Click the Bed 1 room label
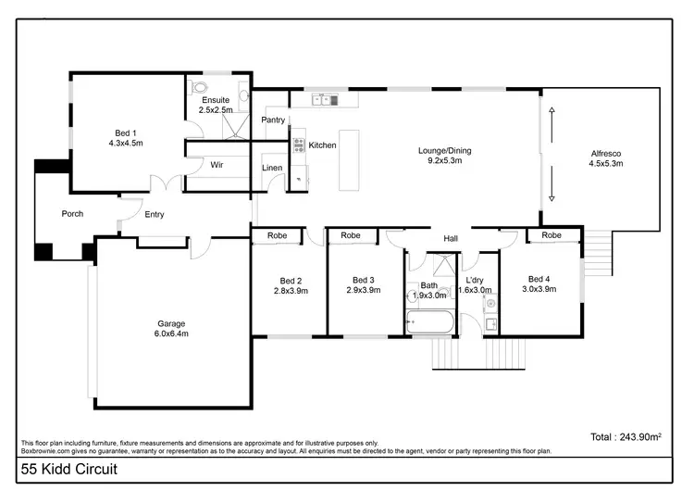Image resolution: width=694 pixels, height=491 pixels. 126,138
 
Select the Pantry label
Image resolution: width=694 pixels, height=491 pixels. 273,120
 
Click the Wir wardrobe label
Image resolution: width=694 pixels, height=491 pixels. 217,164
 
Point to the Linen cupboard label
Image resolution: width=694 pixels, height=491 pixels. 272,168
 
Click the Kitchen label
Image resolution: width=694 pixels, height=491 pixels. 322,145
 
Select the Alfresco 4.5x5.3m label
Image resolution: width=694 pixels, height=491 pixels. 606,158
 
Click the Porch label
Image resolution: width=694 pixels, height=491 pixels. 72,214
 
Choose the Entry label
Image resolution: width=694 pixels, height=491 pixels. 155,215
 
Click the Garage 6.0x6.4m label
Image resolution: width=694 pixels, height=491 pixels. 171,329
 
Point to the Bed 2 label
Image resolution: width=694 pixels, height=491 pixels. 291,285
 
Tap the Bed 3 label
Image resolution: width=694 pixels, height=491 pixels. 363,285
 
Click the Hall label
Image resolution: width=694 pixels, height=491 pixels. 451,239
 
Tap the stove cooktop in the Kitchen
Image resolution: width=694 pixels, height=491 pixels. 299,145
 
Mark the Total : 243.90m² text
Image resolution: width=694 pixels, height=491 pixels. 626,436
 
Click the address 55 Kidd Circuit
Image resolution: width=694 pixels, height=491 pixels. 69,471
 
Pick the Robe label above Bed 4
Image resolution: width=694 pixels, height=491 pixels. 551,235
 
